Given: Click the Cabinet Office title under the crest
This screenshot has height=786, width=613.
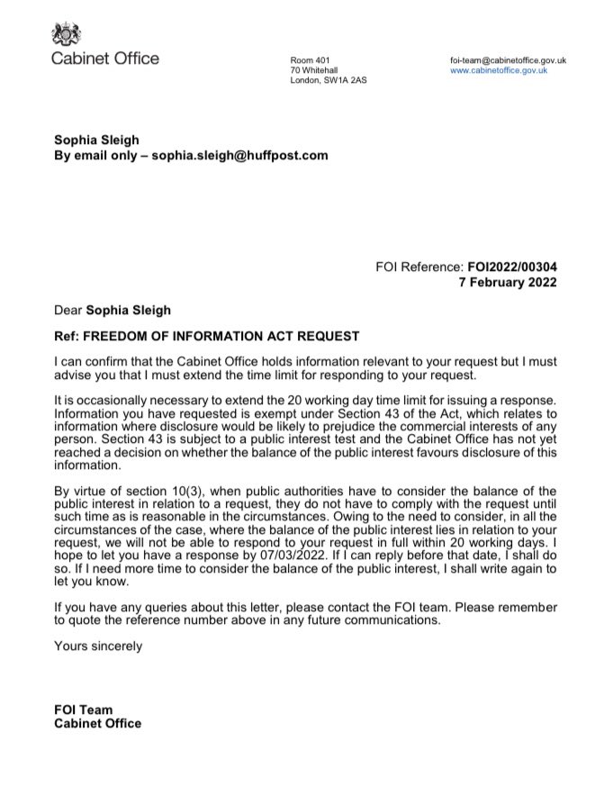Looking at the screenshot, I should [105, 59].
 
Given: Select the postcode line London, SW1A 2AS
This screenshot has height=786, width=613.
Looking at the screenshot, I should [328, 81].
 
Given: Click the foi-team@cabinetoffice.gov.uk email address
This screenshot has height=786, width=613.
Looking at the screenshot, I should [509, 59].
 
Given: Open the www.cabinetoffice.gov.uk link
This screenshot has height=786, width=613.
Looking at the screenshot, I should [499, 70].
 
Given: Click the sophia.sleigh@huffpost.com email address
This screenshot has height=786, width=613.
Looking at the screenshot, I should [239, 156].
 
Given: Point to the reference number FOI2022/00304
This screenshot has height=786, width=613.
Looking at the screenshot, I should [510, 267].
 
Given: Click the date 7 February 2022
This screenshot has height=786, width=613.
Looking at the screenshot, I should [508, 283].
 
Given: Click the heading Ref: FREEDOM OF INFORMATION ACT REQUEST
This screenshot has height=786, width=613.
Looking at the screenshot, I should [206, 337].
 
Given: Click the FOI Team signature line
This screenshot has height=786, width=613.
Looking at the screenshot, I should [84, 710].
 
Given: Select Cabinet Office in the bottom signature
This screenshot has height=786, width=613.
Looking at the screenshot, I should [97, 724].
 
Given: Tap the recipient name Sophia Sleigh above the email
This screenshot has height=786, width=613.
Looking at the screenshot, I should [96, 140].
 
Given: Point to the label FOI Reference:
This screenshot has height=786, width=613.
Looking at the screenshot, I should [419, 267].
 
